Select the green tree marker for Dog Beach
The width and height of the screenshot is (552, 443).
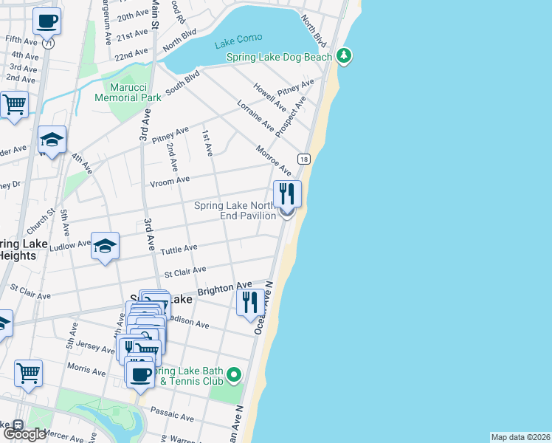click(x=343, y=56)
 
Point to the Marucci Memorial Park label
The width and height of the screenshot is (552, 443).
click(x=131, y=92)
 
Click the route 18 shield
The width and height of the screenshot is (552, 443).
click(x=303, y=159)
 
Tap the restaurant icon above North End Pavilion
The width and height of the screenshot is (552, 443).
click(x=287, y=194)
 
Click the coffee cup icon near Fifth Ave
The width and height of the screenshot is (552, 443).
click(x=46, y=21)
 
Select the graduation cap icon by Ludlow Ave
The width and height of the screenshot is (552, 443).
click(x=105, y=246)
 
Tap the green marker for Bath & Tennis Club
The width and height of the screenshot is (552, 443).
click(x=234, y=375)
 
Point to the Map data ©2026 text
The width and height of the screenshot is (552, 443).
click(x=520, y=437)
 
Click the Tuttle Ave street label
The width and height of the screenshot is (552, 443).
click(x=180, y=249)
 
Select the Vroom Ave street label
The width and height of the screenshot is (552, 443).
click(x=171, y=179)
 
